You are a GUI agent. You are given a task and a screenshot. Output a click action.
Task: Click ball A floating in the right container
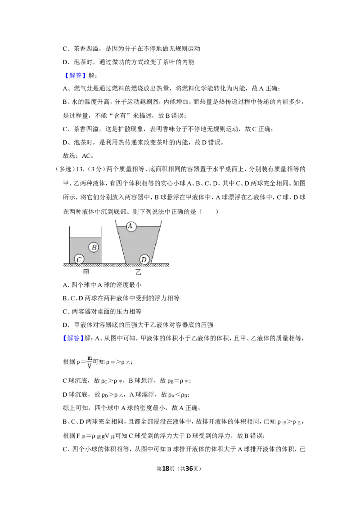(x=130, y=226)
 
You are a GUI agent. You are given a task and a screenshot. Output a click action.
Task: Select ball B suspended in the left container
(x=94, y=247)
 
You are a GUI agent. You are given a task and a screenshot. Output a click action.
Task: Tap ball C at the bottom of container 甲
(x=79, y=259)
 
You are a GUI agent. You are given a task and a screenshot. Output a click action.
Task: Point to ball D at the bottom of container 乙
(x=144, y=259)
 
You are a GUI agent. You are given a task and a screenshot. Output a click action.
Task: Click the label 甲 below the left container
(x=86, y=272)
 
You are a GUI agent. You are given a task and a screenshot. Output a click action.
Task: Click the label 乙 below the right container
(x=139, y=272)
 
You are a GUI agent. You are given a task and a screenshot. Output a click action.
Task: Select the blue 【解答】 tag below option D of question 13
(x=72, y=338)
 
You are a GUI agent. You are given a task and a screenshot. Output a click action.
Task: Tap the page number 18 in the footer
(x=166, y=469)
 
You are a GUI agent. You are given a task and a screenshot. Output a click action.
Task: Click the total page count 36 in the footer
(x=189, y=469)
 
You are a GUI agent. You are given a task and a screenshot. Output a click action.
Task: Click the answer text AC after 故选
(x=86, y=156)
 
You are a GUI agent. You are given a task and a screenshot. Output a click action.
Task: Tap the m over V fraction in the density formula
(x=90, y=362)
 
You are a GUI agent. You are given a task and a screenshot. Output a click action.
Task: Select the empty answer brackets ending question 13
(x=209, y=212)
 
